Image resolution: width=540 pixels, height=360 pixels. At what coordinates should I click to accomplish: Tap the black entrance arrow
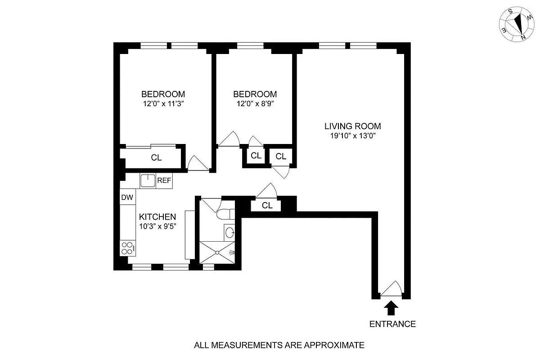(x=391, y=308)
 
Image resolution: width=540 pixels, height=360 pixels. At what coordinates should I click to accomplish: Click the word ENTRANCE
(x=392, y=324)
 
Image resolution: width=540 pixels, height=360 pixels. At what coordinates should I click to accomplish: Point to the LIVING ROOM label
(x=353, y=126)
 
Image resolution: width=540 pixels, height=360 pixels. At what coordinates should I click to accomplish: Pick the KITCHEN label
(x=157, y=217)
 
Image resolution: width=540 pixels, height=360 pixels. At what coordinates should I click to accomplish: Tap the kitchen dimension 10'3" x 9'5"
(x=157, y=226)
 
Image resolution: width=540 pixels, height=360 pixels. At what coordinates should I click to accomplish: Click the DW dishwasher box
(x=127, y=197)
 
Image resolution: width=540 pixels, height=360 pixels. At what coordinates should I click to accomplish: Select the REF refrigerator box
(x=164, y=181)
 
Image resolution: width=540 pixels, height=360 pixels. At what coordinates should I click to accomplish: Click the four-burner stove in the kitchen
(x=127, y=247)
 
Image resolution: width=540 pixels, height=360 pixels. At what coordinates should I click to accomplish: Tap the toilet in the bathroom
(x=226, y=214)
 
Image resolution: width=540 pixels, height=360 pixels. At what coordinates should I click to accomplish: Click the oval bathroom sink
(x=229, y=233)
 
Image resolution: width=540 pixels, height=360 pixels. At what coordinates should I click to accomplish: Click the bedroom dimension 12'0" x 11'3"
(x=163, y=103)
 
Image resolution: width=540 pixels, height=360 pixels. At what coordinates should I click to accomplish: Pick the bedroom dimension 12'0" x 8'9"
(x=255, y=103)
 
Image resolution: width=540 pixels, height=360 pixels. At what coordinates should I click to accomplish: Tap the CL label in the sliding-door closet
(x=156, y=158)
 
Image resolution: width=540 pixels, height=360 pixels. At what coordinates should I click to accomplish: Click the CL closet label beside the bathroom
(x=267, y=206)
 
